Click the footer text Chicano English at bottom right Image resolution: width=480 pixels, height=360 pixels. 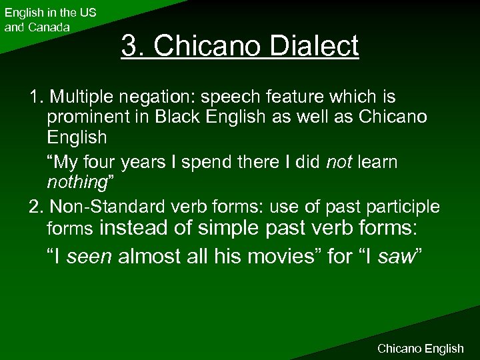[420, 348]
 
